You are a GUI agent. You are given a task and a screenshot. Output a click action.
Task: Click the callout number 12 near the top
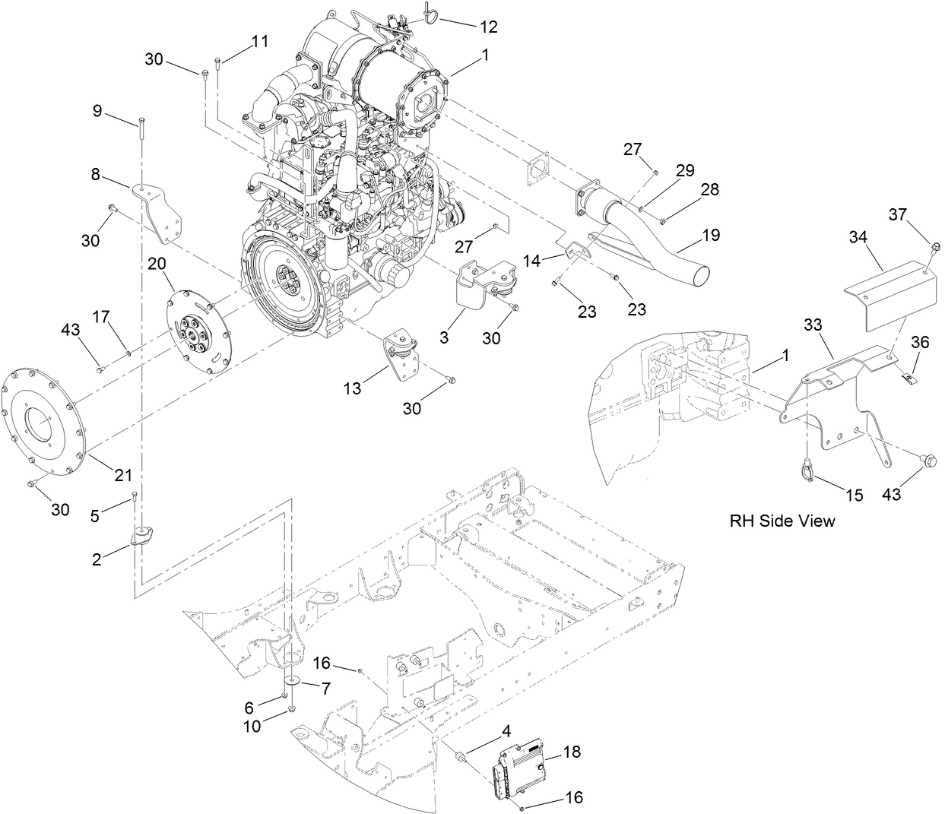[488, 27]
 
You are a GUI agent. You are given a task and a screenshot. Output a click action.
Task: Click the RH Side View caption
[782, 521]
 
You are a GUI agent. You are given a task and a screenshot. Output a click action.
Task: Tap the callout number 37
[898, 215]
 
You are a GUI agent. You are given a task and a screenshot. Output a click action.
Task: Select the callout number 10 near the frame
[252, 727]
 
